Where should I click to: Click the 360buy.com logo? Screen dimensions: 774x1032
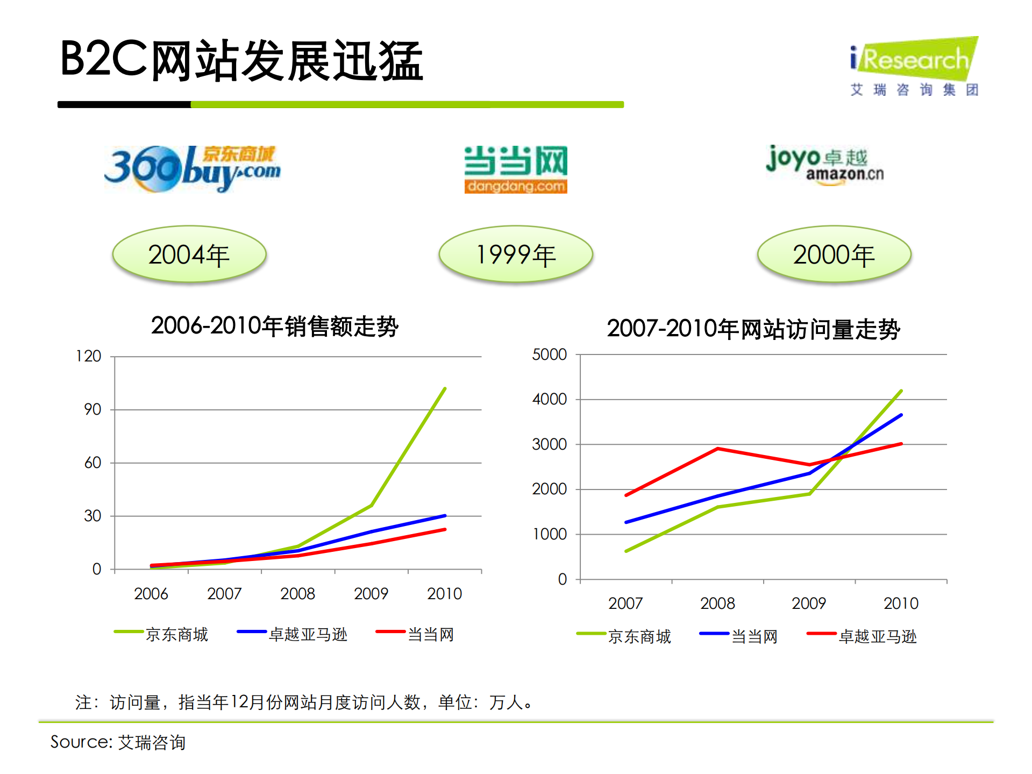click(192, 168)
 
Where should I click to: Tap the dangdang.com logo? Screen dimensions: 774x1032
click(515, 169)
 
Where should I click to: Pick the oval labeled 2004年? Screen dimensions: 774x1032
click(189, 254)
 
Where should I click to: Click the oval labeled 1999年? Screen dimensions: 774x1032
click(515, 254)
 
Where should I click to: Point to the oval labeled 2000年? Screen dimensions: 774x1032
click(834, 254)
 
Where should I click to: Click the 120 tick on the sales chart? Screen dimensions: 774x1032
click(89, 356)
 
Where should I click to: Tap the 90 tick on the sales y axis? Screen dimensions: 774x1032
click(92, 409)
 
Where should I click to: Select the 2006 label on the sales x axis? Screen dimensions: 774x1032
click(151, 594)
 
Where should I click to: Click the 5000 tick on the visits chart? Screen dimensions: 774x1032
click(549, 354)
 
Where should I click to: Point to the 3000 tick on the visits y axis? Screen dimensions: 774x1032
click(549, 444)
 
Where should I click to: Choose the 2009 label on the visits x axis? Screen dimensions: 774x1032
click(808, 603)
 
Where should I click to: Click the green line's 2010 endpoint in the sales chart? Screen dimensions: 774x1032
click(445, 388)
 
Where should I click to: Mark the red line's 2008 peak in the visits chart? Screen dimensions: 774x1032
click(717, 449)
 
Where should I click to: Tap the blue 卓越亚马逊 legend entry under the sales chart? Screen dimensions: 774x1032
click(293, 634)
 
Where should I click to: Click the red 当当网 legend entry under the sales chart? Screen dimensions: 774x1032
click(415, 634)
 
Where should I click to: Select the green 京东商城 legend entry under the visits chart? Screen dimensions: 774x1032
click(624, 636)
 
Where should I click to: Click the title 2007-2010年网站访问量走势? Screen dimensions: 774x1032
click(753, 329)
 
